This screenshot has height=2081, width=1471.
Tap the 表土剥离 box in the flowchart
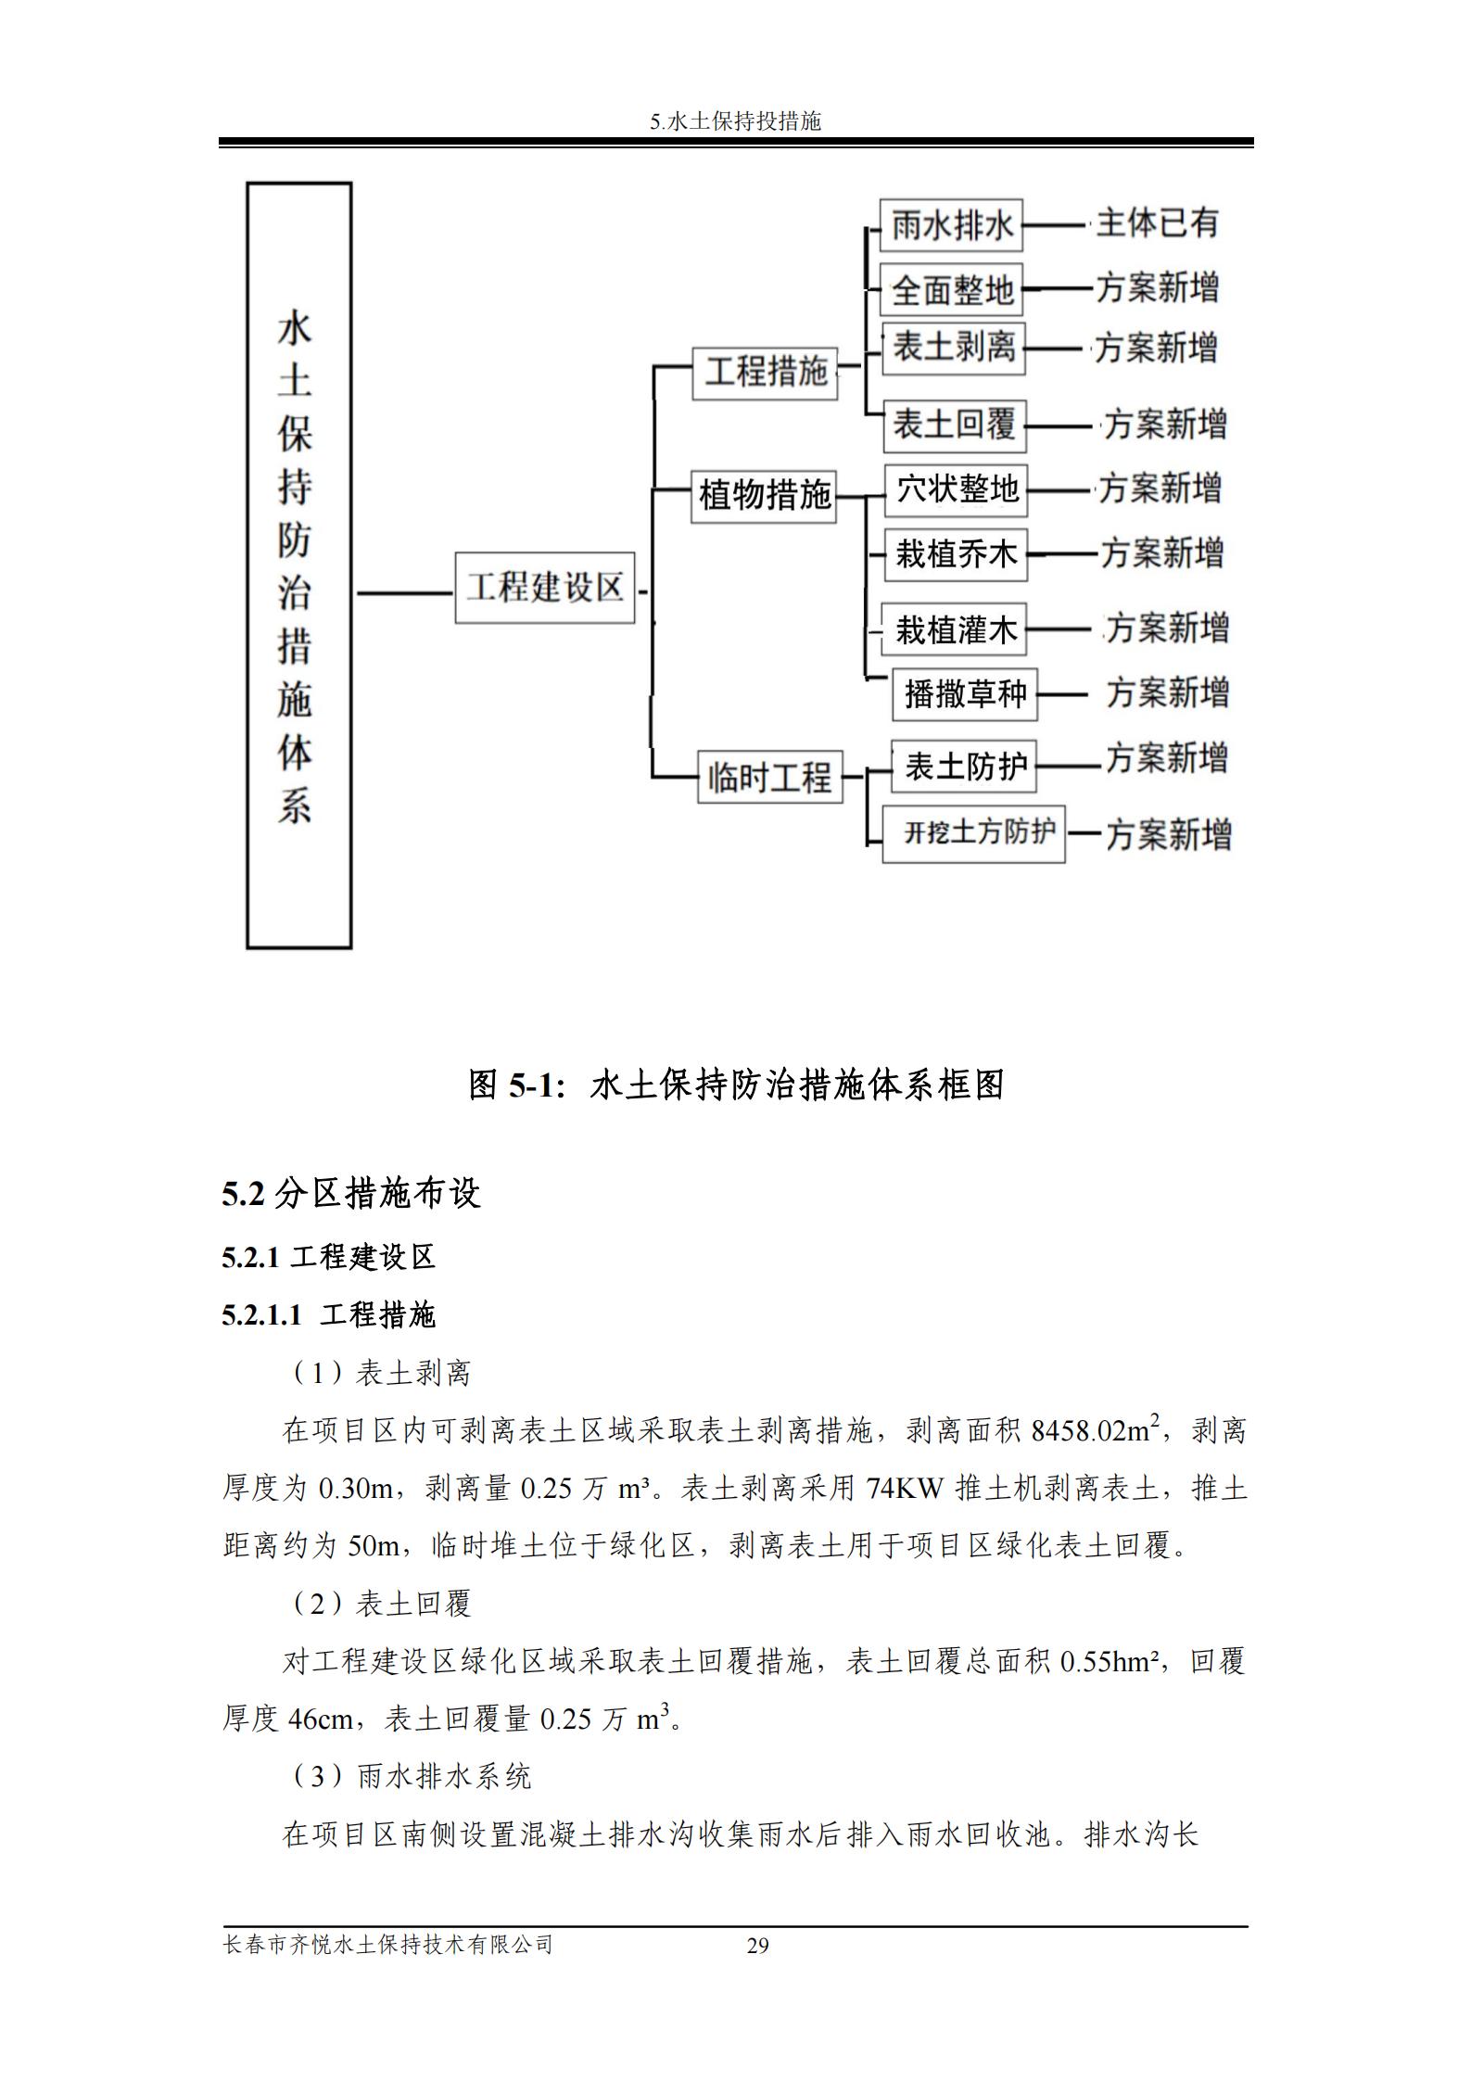click(x=953, y=349)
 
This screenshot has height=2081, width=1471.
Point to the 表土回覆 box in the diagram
click(x=953, y=425)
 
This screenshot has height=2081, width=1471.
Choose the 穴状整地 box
click(x=956, y=489)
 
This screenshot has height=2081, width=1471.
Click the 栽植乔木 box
click(x=956, y=554)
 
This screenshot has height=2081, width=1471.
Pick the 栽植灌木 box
click(x=955, y=630)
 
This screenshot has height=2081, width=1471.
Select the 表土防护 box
click(x=963, y=767)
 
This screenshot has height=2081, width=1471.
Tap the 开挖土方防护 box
click(x=973, y=834)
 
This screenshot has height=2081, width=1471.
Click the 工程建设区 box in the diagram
click(x=544, y=588)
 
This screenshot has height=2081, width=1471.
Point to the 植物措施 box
click(x=764, y=496)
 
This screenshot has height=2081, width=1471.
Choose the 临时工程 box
click(x=769, y=777)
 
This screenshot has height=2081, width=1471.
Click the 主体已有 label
click(x=1156, y=223)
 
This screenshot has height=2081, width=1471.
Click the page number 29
click(x=757, y=1945)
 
